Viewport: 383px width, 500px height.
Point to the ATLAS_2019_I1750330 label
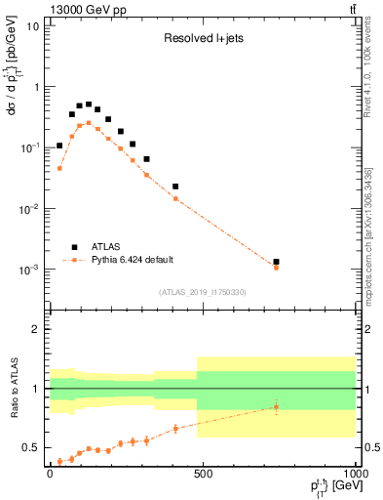201,291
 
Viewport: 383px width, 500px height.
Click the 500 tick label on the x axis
203,474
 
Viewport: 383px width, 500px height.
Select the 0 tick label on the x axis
50,474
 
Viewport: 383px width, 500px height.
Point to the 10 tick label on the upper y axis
31,25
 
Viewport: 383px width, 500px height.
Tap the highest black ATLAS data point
89,104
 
